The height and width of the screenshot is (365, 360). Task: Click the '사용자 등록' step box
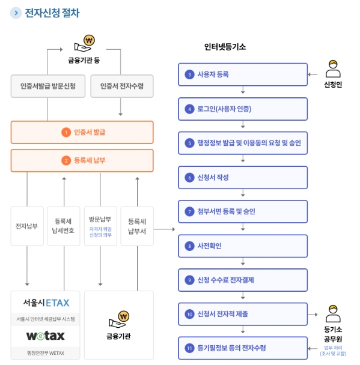243,74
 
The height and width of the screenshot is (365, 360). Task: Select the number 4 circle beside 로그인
189,109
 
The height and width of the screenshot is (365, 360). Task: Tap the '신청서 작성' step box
243,177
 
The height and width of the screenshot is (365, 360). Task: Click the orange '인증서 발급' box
82,132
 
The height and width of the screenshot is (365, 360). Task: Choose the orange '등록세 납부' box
82,160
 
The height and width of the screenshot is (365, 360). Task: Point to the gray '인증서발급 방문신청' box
48,86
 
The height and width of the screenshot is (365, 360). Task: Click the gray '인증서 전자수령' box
122,86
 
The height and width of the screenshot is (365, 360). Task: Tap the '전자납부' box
27,226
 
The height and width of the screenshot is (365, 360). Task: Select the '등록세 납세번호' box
63,226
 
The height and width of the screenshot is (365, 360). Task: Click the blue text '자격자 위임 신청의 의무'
100,232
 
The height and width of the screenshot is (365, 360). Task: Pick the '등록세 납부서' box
137,226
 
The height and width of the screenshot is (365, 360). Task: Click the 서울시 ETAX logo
46,303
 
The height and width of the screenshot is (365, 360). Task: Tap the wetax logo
46,336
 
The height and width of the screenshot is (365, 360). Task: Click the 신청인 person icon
333,68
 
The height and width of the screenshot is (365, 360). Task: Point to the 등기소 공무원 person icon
333,313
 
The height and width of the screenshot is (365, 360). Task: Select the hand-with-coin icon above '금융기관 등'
84,44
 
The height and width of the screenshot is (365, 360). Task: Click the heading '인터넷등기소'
225,47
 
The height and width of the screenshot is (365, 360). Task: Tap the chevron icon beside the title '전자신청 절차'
16,13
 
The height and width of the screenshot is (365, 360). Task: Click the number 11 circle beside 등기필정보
189,348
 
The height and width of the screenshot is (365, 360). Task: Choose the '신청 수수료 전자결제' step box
243,280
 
